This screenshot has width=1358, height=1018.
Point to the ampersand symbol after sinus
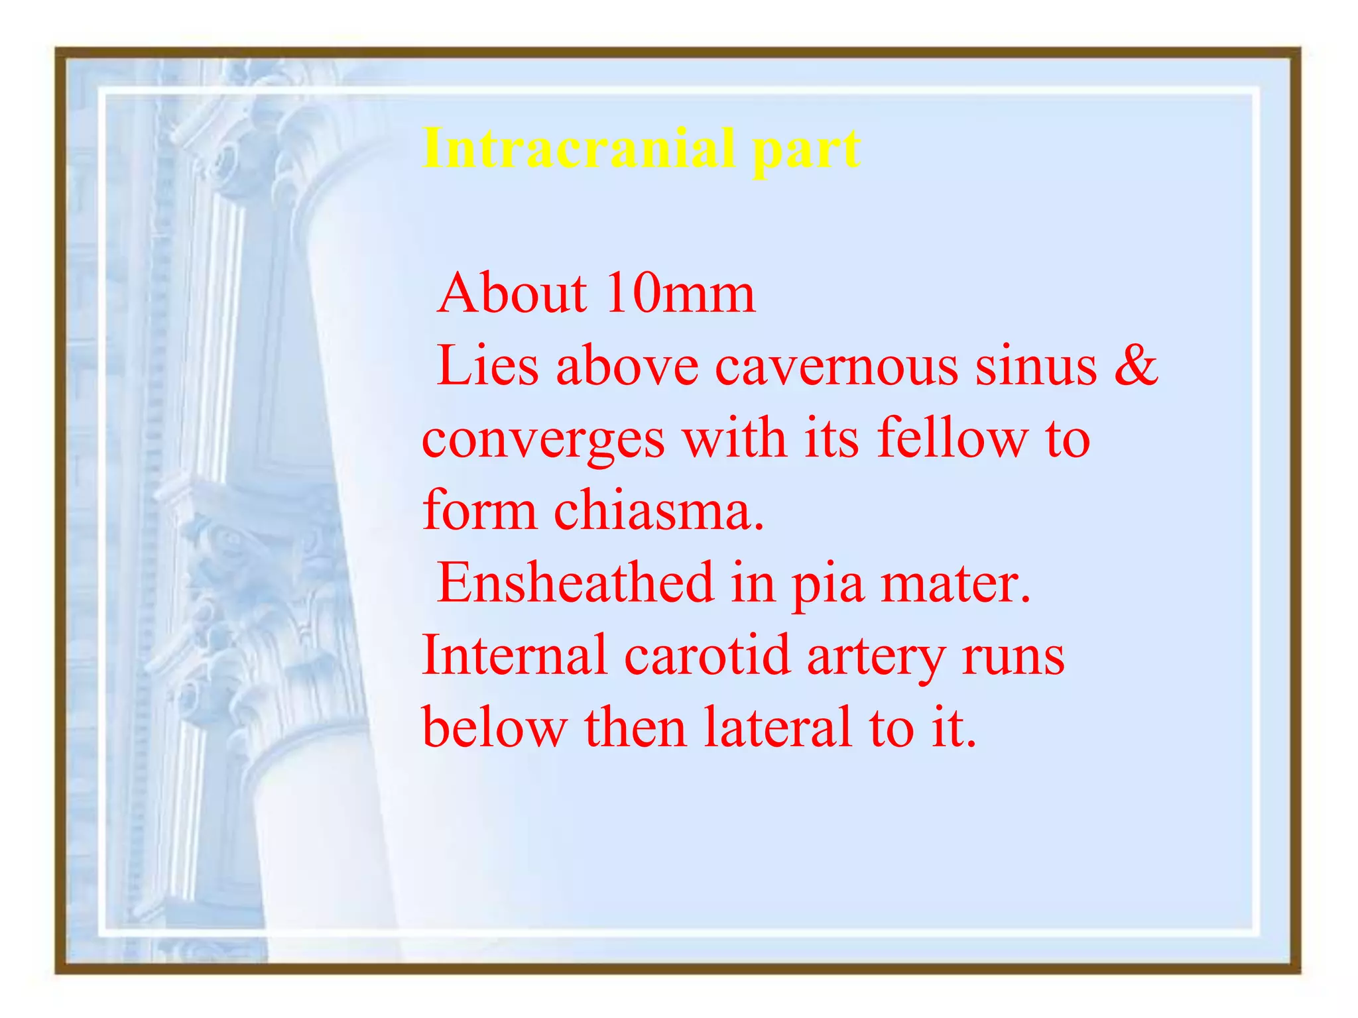(x=1136, y=366)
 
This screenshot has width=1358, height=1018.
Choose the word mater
(x=956, y=583)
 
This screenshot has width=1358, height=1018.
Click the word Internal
(x=514, y=655)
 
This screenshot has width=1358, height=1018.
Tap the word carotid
(x=708, y=655)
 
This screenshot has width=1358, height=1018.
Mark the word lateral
(x=777, y=727)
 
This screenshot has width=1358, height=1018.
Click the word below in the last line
(x=495, y=727)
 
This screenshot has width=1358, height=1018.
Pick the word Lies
(x=487, y=366)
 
